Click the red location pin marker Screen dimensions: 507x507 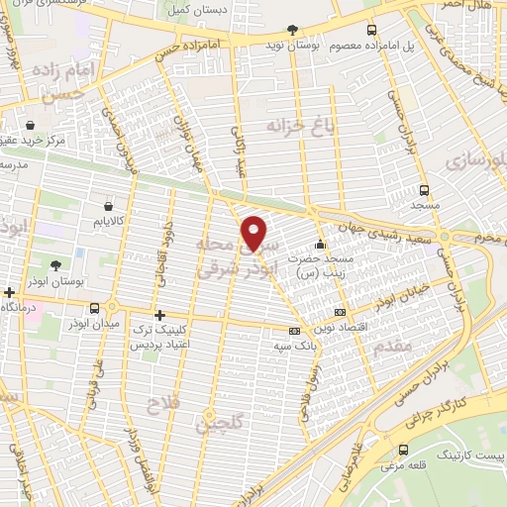click(255, 232)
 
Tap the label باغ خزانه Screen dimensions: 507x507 click(302, 125)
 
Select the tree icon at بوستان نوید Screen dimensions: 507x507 click(290, 31)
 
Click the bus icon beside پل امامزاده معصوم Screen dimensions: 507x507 click(371, 31)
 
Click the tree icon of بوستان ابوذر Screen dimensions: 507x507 click(53, 264)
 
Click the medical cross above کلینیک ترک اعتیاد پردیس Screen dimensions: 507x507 click(158, 315)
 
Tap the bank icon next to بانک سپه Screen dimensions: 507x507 click(294, 332)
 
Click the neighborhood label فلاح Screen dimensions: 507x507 click(160, 404)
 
